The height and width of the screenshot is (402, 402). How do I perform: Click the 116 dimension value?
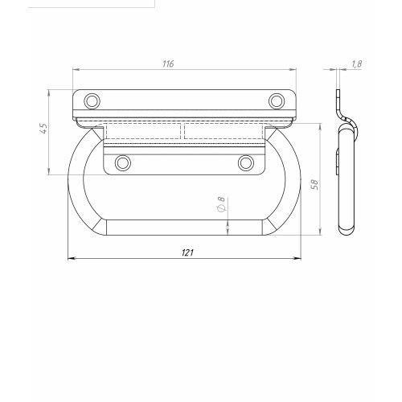coord(168,64)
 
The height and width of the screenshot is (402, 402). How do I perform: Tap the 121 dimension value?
coord(187,252)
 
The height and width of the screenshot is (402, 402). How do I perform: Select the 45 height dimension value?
coord(44,128)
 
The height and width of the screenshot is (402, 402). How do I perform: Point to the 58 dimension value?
coord(315,185)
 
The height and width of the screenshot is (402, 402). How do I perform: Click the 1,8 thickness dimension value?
coord(356,64)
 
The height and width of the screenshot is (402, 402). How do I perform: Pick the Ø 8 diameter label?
coord(221,204)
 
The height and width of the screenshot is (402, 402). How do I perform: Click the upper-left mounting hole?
coord(92,101)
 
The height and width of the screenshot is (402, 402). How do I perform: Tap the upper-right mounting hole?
coord(277,101)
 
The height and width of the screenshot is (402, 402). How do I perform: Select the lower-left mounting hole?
coord(123,162)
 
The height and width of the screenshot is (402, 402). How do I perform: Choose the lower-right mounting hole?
coord(246,162)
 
